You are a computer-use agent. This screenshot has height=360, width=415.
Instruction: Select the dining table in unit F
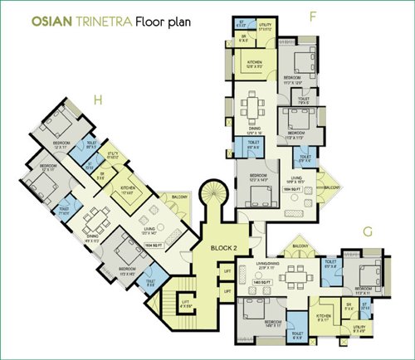252,106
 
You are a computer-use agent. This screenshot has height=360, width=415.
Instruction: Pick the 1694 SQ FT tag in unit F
290,190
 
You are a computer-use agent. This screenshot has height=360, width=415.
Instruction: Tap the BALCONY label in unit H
181,197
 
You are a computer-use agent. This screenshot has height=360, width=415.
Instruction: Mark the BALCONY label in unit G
296,246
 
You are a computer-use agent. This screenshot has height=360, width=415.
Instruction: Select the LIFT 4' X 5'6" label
187,305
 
